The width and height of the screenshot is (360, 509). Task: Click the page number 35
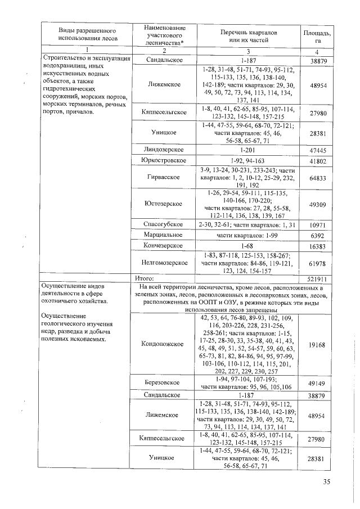328,481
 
